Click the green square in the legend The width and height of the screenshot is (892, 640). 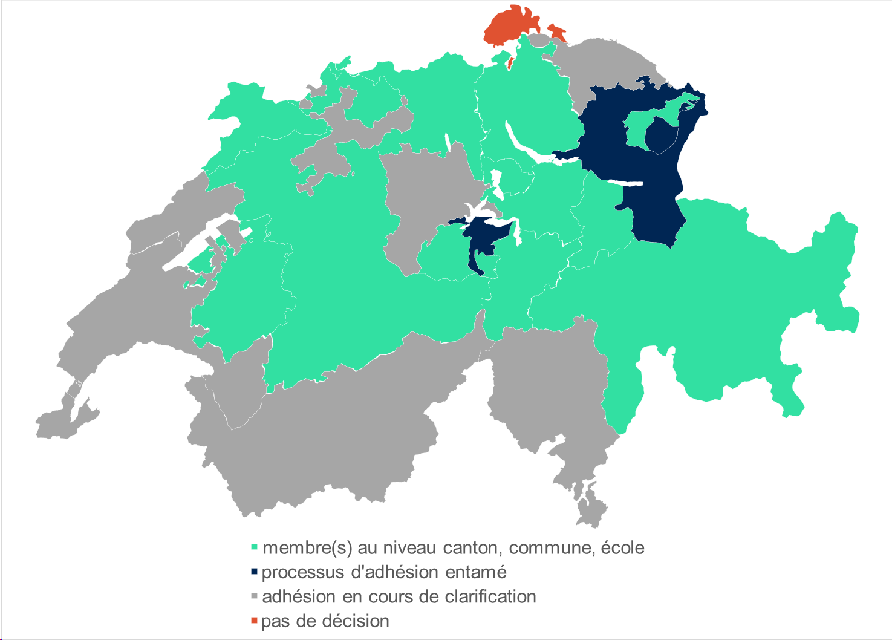(x=255, y=547)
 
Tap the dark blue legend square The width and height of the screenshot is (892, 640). (x=255, y=572)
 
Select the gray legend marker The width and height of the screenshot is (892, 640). (x=255, y=596)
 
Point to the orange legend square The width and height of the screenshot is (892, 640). (x=255, y=621)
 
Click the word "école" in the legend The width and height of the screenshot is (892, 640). (x=622, y=547)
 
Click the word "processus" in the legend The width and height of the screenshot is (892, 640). (x=304, y=572)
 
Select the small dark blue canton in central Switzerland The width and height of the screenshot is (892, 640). (x=484, y=239)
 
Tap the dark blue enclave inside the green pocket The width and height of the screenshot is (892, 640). (x=662, y=134)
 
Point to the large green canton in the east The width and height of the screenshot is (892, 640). (x=726, y=290)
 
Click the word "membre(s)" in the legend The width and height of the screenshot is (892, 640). (x=307, y=547)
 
